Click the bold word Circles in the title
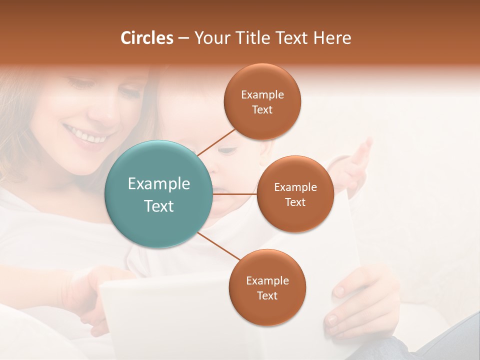pos(147,38)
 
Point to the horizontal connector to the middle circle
pos(235,194)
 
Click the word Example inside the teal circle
pos(159,184)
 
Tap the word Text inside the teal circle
pos(159,206)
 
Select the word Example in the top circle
pos(262,94)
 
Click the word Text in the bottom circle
pos(267,295)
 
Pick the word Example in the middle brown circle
pos(295,187)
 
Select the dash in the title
pos(183,38)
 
